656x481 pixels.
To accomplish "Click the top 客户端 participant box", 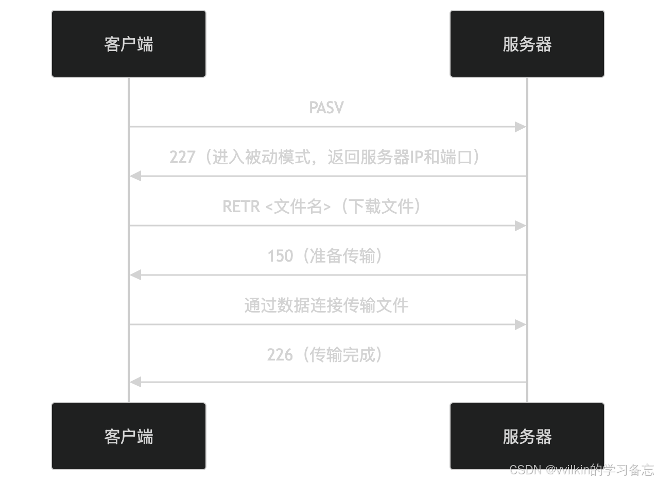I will click(x=129, y=44).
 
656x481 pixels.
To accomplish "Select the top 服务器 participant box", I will click(x=527, y=44).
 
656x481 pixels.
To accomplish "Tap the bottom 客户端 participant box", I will click(x=129, y=436).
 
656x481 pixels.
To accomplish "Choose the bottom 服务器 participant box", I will click(x=527, y=436).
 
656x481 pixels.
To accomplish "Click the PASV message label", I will click(x=326, y=108).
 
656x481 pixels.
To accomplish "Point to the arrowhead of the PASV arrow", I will click(x=521, y=127).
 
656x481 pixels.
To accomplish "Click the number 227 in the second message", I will click(x=182, y=157).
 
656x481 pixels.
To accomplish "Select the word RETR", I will click(x=241, y=207).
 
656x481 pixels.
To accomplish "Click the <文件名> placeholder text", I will click(x=298, y=207).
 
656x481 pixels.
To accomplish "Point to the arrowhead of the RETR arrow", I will click(x=521, y=226).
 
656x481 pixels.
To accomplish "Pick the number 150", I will click(x=280, y=256).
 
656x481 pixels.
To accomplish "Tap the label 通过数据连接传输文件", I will click(x=326, y=305).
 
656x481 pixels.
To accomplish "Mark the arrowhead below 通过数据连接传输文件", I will click(x=521, y=324).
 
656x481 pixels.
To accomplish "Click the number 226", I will click(x=280, y=355).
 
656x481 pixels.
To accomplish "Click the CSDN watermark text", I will click(x=525, y=470).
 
